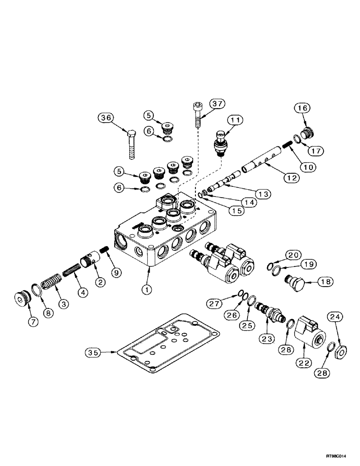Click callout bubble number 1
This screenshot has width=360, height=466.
(x=147, y=289)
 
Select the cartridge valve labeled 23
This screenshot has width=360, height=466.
(x=271, y=312)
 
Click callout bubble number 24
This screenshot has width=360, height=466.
(x=337, y=318)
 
